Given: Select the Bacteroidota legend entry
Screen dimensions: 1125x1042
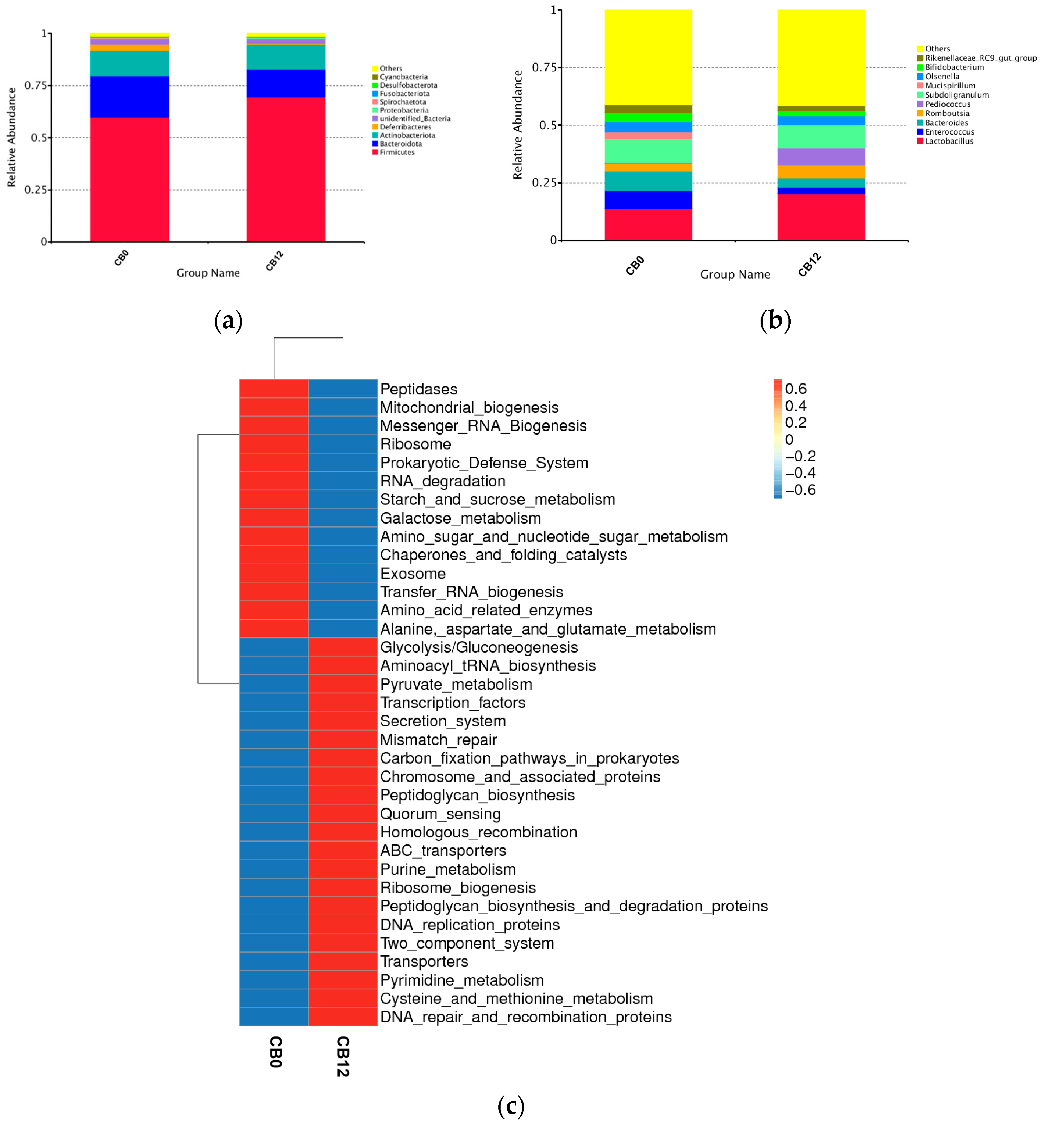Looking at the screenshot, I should pyautogui.click(x=400, y=144).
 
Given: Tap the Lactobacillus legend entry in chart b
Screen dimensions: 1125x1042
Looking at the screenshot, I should pyautogui.click(x=949, y=141).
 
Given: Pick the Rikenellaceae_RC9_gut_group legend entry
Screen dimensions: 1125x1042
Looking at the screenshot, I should pyautogui.click(x=980, y=58).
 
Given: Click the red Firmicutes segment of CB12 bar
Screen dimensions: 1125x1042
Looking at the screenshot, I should pyautogui.click(x=285, y=169).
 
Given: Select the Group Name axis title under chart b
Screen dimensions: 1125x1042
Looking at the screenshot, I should pyautogui.click(x=735, y=274).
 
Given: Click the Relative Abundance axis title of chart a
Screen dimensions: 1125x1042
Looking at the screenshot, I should pyautogui.click(x=11, y=137).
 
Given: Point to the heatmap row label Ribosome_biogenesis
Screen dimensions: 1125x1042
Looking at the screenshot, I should pyautogui.click(x=457, y=888).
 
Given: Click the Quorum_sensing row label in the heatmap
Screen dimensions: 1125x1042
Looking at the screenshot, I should pyautogui.click(x=440, y=814).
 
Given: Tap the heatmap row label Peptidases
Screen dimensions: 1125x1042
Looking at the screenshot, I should pyautogui.click(x=419, y=389).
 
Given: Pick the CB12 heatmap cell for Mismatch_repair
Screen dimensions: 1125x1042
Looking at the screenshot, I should pyautogui.click(x=343, y=739).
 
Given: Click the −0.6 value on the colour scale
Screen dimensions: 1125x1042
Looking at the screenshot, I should pyautogui.click(x=800, y=490).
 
